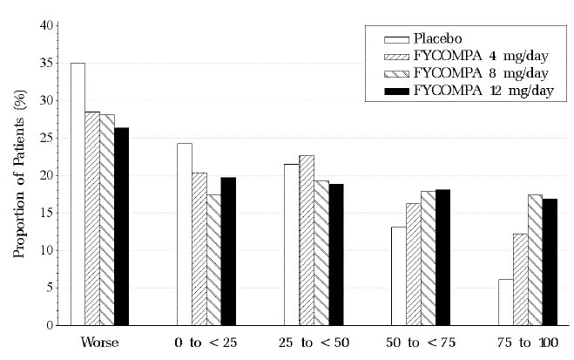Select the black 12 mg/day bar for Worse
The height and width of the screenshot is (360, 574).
coord(121,227)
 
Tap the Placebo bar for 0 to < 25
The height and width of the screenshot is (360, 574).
coord(185,234)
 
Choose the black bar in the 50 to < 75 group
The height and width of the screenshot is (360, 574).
coord(442,257)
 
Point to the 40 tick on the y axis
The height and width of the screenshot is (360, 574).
coord(50,25)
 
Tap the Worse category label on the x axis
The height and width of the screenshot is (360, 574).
coord(99,343)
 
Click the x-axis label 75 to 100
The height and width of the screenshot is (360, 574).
coord(520,343)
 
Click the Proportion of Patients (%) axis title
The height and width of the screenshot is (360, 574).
coord(17,174)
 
